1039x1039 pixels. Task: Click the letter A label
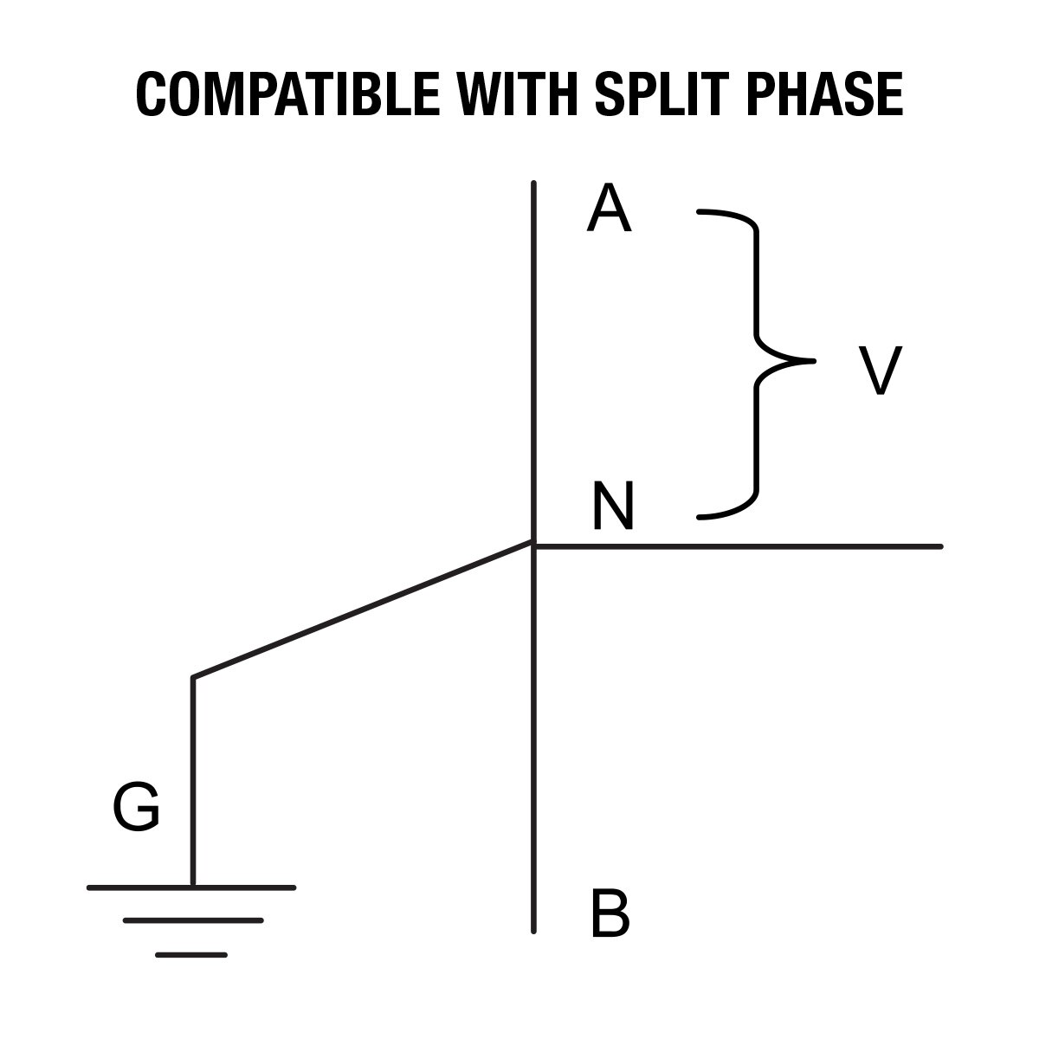pos(609,211)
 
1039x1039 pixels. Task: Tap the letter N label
pos(613,507)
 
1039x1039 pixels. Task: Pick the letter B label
pos(610,914)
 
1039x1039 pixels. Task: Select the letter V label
pos(880,371)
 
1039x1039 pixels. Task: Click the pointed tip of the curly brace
pos(812,360)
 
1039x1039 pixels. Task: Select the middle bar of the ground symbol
pos(192,920)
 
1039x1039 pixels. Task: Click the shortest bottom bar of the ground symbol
pos(191,954)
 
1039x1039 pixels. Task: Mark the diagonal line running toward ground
pos(362,610)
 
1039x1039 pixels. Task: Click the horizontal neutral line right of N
pos(736,546)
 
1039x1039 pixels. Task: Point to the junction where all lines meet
pos(533,545)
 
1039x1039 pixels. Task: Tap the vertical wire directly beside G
pos(192,779)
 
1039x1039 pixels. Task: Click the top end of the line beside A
pos(533,184)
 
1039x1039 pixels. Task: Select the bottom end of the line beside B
pos(533,930)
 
